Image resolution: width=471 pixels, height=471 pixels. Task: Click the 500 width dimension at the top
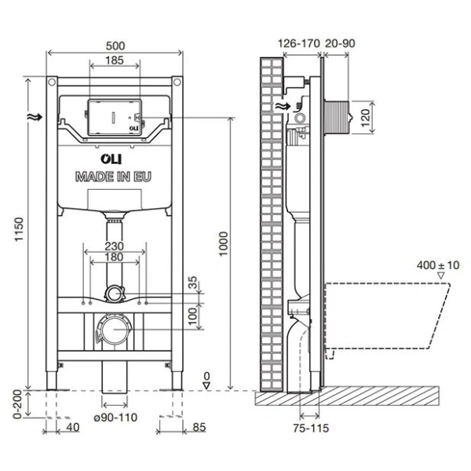click(115, 46)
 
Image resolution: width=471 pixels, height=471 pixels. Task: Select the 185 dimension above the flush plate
click(115, 60)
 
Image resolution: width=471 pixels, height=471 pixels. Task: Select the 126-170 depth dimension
click(299, 45)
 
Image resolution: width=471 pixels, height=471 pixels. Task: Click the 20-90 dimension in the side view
click(341, 45)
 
